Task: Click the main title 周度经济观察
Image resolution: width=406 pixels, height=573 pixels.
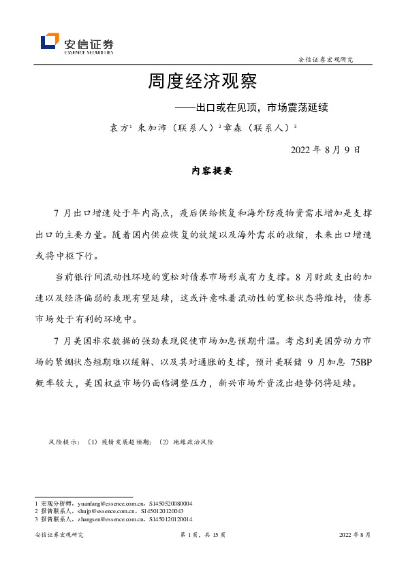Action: [x=202, y=83]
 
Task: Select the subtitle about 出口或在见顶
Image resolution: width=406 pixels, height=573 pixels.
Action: [x=251, y=108]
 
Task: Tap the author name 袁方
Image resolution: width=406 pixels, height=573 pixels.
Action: [x=119, y=127]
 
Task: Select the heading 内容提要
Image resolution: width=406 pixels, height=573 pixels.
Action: [x=212, y=171]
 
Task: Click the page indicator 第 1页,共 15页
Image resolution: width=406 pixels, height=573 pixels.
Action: [x=202, y=536]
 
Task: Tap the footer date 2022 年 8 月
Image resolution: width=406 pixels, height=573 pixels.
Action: [x=355, y=536]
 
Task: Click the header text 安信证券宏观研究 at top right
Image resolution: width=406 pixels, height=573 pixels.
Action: [x=326, y=60]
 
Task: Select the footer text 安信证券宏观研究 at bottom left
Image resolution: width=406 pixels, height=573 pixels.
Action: [x=59, y=536]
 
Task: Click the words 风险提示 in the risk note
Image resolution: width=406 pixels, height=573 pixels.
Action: [x=63, y=442]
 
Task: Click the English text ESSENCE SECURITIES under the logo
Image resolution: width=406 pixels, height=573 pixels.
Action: [x=89, y=51]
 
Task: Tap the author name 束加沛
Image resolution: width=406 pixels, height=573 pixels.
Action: [x=151, y=127]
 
